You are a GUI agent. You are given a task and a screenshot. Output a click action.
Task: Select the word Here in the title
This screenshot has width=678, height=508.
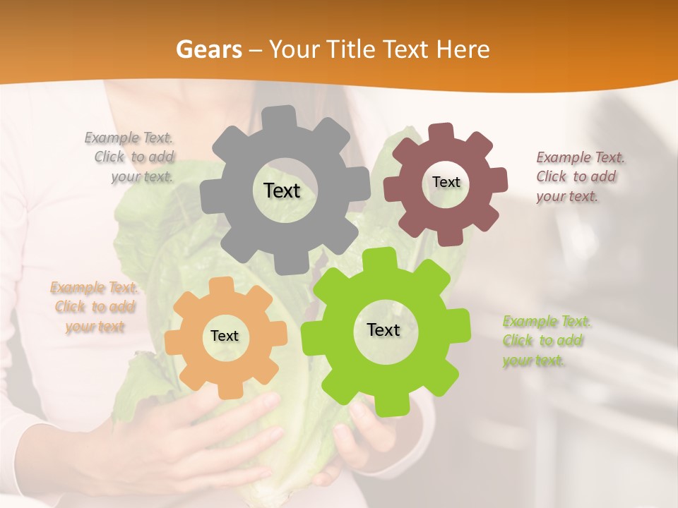pyautogui.click(x=463, y=49)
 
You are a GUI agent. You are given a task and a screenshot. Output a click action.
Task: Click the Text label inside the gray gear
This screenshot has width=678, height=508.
pyautogui.click(x=282, y=190)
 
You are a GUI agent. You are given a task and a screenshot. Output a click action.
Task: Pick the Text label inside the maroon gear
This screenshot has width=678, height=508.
pyautogui.click(x=446, y=182)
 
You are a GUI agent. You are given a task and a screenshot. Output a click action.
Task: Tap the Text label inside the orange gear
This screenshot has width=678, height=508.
pyautogui.click(x=225, y=336)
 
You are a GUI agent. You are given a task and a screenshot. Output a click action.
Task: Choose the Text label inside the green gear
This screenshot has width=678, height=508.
pyautogui.click(x=383, y=329)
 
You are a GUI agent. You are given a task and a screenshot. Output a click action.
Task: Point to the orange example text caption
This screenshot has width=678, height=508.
pyautogui.click(x=94, y=307)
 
